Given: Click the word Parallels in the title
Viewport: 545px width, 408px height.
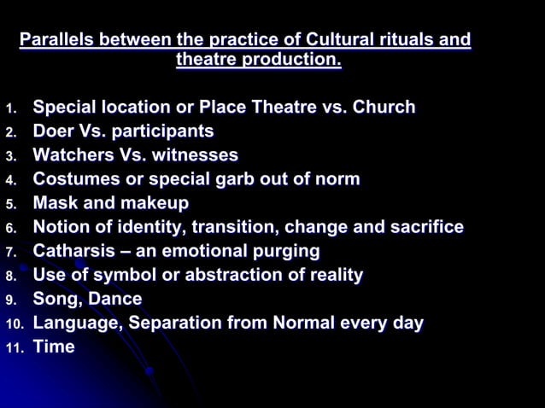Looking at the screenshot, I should pyautogui.click(x=56, y=39).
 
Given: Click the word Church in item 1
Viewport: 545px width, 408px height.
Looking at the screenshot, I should pyautogui.click(x=384, y=108).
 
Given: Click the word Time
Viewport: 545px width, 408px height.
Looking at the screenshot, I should pyautogui.click(x=53, y=347).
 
